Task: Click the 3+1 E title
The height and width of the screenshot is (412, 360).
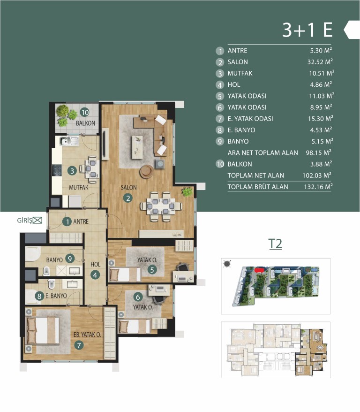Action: point(307,30)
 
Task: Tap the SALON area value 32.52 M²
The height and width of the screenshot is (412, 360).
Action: point(320,62)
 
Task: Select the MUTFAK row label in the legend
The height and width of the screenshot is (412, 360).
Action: point(240,73)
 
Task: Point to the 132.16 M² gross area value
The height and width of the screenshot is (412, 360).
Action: point(318,187)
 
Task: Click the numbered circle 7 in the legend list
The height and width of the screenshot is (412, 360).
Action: point(220,119)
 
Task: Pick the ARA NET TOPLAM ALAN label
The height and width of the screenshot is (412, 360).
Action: point(262,153)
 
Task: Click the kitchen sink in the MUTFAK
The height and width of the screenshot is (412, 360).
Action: point(70,141)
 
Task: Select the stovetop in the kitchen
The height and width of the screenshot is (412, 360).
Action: point(57,170)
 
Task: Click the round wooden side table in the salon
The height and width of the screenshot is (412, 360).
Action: point(146,172)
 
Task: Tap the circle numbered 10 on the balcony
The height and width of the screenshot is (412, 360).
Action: point(84,113)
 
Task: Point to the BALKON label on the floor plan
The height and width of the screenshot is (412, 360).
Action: point(85,123)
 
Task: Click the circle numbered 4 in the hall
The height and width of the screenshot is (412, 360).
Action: point(95,275)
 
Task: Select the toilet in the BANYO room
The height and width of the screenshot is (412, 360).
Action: point(46,271)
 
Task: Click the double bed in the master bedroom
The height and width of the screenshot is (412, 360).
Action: point(43,330)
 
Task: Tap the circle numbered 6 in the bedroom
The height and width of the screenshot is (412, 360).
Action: point(138,297)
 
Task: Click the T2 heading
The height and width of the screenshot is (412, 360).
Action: point(275,244)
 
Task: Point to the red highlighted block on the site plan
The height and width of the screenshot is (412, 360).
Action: point(259,270)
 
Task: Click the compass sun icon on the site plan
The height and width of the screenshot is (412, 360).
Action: point(227,264)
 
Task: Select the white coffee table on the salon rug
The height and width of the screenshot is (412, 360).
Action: point(137,147)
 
